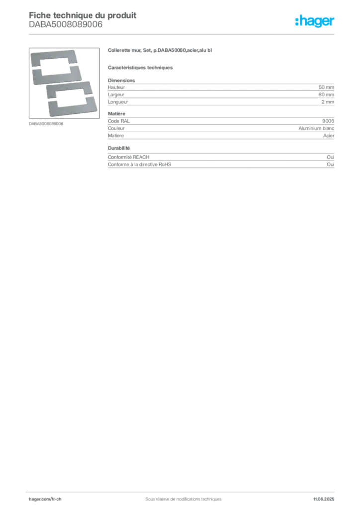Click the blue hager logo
315,22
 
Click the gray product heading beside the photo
161,51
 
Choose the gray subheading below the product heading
141,67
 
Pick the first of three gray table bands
221,92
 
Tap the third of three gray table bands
221,161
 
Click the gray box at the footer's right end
326,496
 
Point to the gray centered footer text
180,496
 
